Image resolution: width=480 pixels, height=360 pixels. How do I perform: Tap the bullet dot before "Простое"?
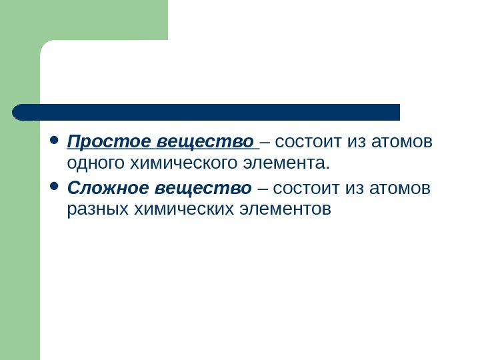pyautogui.click(x=55, y=142)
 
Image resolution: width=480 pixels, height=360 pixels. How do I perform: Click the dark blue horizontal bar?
pyautogui.click(x=207, y=112)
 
